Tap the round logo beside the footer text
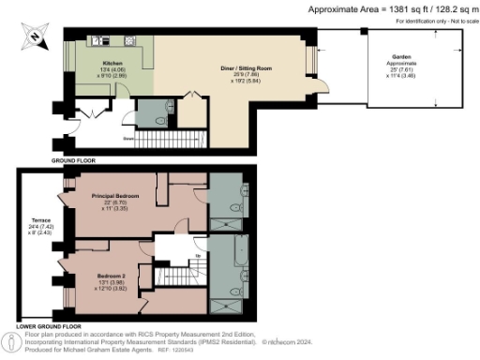(12, 342)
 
